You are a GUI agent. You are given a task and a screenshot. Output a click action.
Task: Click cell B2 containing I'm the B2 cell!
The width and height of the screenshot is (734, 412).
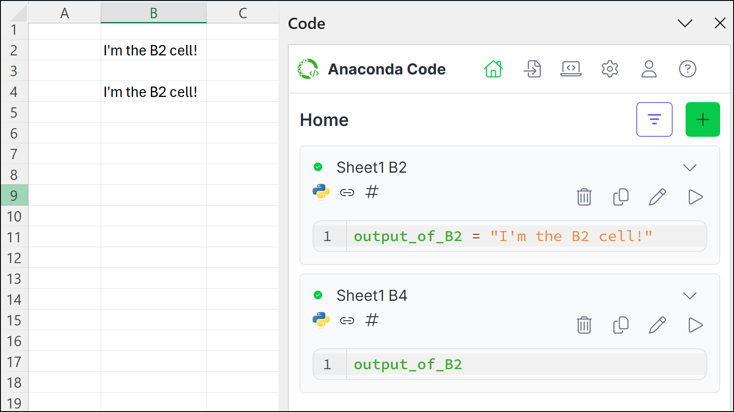[x=153, y=50]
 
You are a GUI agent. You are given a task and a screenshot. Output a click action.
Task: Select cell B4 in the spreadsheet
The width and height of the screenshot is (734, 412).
[x=153, y=91]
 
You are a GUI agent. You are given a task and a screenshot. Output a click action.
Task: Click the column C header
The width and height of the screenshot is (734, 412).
[x=243, y=13]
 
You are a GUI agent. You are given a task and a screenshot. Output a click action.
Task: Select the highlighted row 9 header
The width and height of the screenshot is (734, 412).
[x=14, y=195]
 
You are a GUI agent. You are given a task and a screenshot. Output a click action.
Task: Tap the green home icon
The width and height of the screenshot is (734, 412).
[x=493, y=69]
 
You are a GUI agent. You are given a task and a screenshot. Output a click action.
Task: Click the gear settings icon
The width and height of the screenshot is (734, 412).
[x=610, y=69]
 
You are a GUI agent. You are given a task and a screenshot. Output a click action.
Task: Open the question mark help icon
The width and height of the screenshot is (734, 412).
[x=687, y=69]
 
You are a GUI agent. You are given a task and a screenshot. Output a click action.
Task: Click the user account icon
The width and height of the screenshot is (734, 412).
[x=649, y=69]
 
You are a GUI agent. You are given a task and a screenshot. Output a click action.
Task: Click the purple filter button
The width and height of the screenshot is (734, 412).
[x=654, y=119]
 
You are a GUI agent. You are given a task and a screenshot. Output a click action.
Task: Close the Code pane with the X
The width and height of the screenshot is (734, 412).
[x=720, y=23]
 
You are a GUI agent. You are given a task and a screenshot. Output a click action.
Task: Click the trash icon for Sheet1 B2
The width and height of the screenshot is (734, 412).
[x=584, y=197]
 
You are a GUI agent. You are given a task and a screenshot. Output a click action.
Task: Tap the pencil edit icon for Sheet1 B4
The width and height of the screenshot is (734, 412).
[x=657, y=325]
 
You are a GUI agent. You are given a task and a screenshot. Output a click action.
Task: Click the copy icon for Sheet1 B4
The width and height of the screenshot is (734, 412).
[x=621, y=325]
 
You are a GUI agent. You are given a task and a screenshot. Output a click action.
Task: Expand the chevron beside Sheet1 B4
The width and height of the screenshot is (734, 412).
[x=690, y=296]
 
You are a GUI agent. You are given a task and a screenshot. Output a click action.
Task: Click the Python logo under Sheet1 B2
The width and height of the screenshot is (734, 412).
[x=321, y=192]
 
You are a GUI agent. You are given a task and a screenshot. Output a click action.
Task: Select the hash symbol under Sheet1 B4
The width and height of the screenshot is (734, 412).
[x=372, y=320]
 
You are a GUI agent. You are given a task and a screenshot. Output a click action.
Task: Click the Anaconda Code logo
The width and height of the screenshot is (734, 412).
[x=308, y=69]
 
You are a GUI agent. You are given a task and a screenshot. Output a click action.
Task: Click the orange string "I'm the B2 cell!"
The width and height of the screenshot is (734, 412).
[x=571, y=236]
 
